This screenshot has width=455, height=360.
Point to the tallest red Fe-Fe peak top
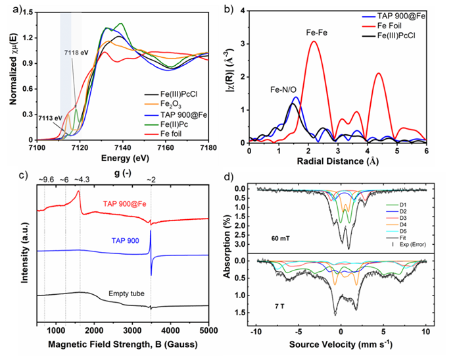tap(314, 41)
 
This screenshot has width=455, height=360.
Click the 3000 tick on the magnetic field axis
tap(132, 330)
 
